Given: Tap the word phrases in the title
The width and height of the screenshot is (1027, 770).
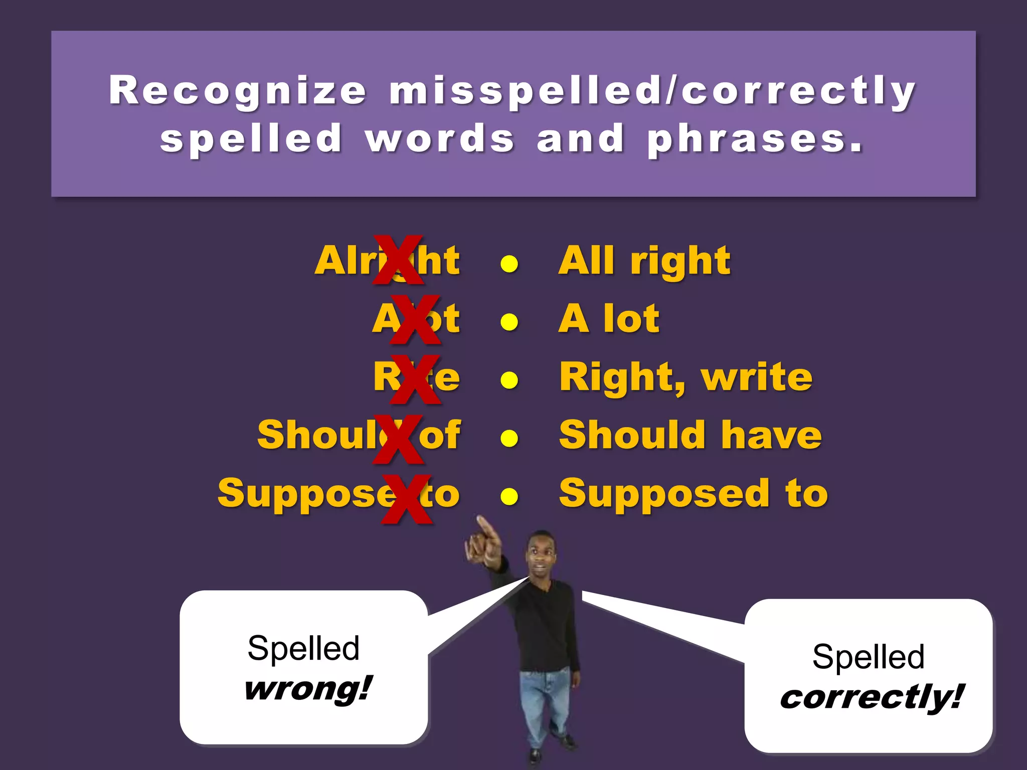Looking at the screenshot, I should [755, 139].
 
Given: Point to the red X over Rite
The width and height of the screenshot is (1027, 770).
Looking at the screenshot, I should [415, 378].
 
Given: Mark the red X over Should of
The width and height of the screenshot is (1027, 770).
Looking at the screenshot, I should [398, 438].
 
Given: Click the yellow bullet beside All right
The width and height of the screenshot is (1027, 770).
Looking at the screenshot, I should [509, 264].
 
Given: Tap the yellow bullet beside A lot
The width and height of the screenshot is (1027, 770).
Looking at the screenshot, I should [509, 322].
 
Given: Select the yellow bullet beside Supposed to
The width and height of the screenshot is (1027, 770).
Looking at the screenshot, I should [509, 496].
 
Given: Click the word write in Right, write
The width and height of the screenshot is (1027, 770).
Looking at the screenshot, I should [757, 377].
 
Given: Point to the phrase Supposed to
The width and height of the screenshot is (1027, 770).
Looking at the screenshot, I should [693, 494].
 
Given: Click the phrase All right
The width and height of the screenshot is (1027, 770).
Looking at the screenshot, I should [644, 261].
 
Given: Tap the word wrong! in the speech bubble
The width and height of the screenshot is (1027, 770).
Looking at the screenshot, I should [307, 689].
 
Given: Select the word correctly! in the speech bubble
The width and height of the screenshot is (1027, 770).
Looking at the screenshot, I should [872, 697].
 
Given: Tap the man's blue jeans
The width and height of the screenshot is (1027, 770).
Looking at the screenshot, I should [544, 702].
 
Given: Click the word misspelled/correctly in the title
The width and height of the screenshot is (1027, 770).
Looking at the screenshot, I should [652, 91].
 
